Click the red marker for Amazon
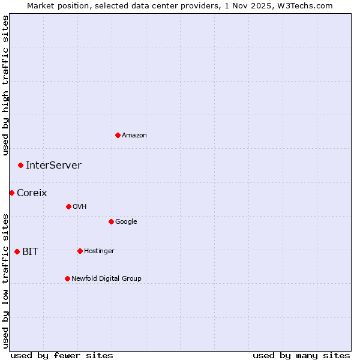(118, 135)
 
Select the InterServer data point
(20, 165)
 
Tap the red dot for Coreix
(11, 193)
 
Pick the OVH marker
(68, 206)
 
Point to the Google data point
(111, 221)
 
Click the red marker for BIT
(17, 251)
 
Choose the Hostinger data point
(80, 251)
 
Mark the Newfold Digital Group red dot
(67, 278)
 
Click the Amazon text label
(134, 136)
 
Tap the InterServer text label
(53, 166)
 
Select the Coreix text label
(32, 193)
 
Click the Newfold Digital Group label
(106, 278)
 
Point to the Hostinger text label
(99, 251)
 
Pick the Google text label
(126, 222)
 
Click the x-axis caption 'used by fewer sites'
(62, 356)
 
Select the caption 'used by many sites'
(301, 356)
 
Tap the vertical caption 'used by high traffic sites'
(6, 85)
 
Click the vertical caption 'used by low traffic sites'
(6, 280)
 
